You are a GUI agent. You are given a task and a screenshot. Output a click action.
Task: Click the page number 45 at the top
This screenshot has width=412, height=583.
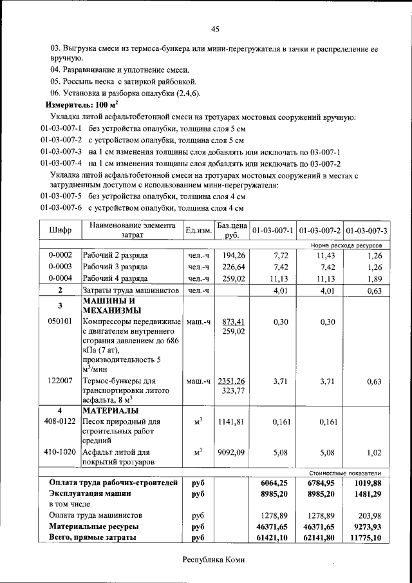click(215, 28)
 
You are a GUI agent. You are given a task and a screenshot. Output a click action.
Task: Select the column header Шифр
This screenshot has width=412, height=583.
click(60, 230)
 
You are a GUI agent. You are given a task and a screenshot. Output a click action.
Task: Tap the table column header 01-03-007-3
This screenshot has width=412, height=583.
click(366, 230)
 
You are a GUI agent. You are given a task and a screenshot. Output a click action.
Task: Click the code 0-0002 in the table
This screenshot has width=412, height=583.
click(60, 255)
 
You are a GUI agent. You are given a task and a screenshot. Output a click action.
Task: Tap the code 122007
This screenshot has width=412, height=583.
click(60, 381)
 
